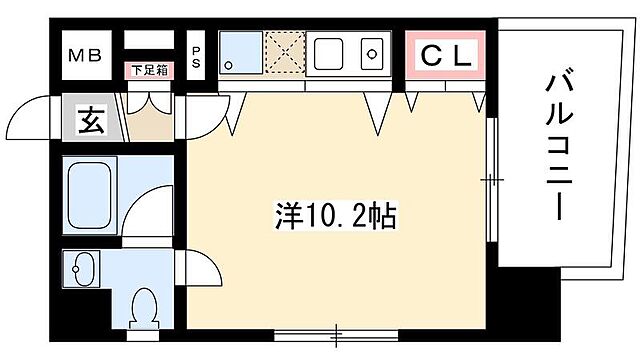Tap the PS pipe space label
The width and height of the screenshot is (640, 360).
pos(197,55)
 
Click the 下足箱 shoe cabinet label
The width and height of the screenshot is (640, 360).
pos(149,71)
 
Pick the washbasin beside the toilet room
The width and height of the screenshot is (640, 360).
pos(82,268)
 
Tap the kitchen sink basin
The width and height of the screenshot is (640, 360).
pos(373,51)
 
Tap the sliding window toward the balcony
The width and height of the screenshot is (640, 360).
pos(491,180)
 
